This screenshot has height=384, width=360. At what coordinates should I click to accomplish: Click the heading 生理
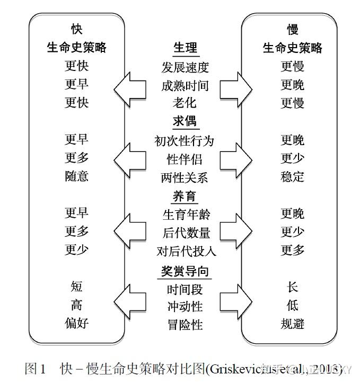click(185, 48)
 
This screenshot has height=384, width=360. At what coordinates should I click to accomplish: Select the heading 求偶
click(185, 121)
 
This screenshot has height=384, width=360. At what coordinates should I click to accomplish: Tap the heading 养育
click(185, 196)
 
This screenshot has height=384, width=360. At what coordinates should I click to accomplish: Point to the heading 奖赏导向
click(185, 271)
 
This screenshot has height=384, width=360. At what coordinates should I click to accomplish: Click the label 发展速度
click(185, 67)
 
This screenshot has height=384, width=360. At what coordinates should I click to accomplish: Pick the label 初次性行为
click(185, 140)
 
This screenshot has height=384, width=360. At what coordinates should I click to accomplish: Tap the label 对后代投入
click(186, 251)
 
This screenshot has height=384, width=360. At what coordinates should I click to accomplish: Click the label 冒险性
click(185, 324)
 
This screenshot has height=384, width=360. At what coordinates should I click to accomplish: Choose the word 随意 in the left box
click(77, 176)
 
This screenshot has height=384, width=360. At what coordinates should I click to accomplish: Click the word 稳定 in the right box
click(293, 176)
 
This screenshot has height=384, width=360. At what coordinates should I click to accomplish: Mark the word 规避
click(293, 324)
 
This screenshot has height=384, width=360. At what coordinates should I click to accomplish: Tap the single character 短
click(77, 287)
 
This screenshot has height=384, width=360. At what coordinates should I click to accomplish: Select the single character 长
click(293, 287)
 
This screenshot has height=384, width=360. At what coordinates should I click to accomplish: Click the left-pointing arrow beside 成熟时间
click(129, 85)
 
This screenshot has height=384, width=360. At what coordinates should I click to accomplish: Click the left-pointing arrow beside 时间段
click(129, 306)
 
